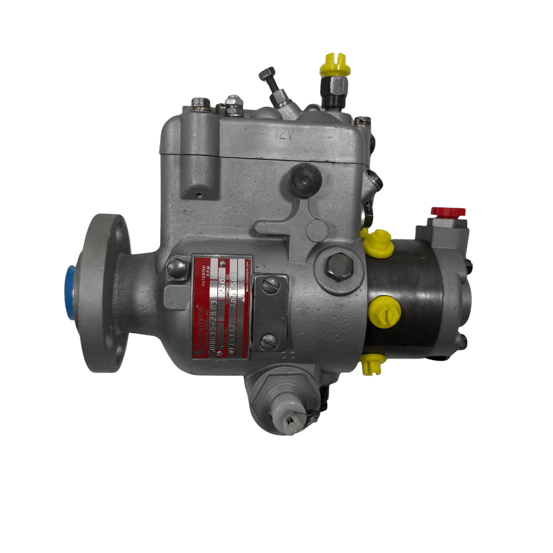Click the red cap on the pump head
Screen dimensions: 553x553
pyautogui.click(x=448, y=211)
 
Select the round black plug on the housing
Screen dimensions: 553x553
pyautogui.click(x=304, y=180)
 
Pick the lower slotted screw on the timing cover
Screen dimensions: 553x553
pyautogui.click(x=268, y=341)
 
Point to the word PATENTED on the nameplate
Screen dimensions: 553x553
pyautogui.click(x=204, y=270)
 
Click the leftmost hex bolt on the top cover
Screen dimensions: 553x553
pyautogui.click(x=201, y=103)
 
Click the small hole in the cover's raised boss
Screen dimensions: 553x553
pyautogui.click(x=200, y=195)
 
